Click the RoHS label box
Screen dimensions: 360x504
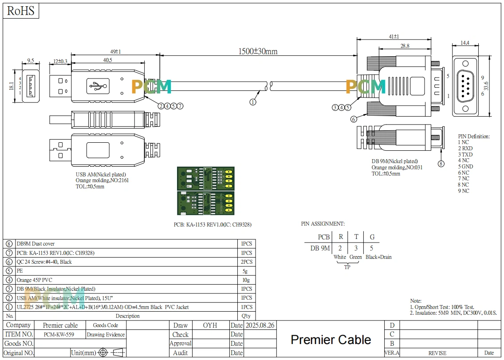point(21,11)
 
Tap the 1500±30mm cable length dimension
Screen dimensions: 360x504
point(258,51)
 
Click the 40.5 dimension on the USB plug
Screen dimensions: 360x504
point(107,60)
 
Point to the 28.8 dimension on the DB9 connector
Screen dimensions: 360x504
point(405,46)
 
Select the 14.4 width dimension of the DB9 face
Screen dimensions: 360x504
point(465,43)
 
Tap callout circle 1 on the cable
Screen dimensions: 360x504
point(253,102)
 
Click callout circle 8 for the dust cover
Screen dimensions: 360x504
point(441,164)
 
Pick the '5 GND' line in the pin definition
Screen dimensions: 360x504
point(465,167)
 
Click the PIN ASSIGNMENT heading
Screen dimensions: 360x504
point(323,224)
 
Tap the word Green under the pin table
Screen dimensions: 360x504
point(355,257)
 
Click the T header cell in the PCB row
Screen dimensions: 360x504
point(356,237)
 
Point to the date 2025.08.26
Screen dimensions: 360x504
point(260,325)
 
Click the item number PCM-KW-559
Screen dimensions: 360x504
point(59,335)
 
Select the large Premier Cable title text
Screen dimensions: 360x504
point(331,340)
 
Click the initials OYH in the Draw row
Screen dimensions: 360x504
point(210,325)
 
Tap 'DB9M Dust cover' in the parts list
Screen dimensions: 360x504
point(35,244)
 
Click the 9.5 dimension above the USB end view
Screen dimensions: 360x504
point(31,60)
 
